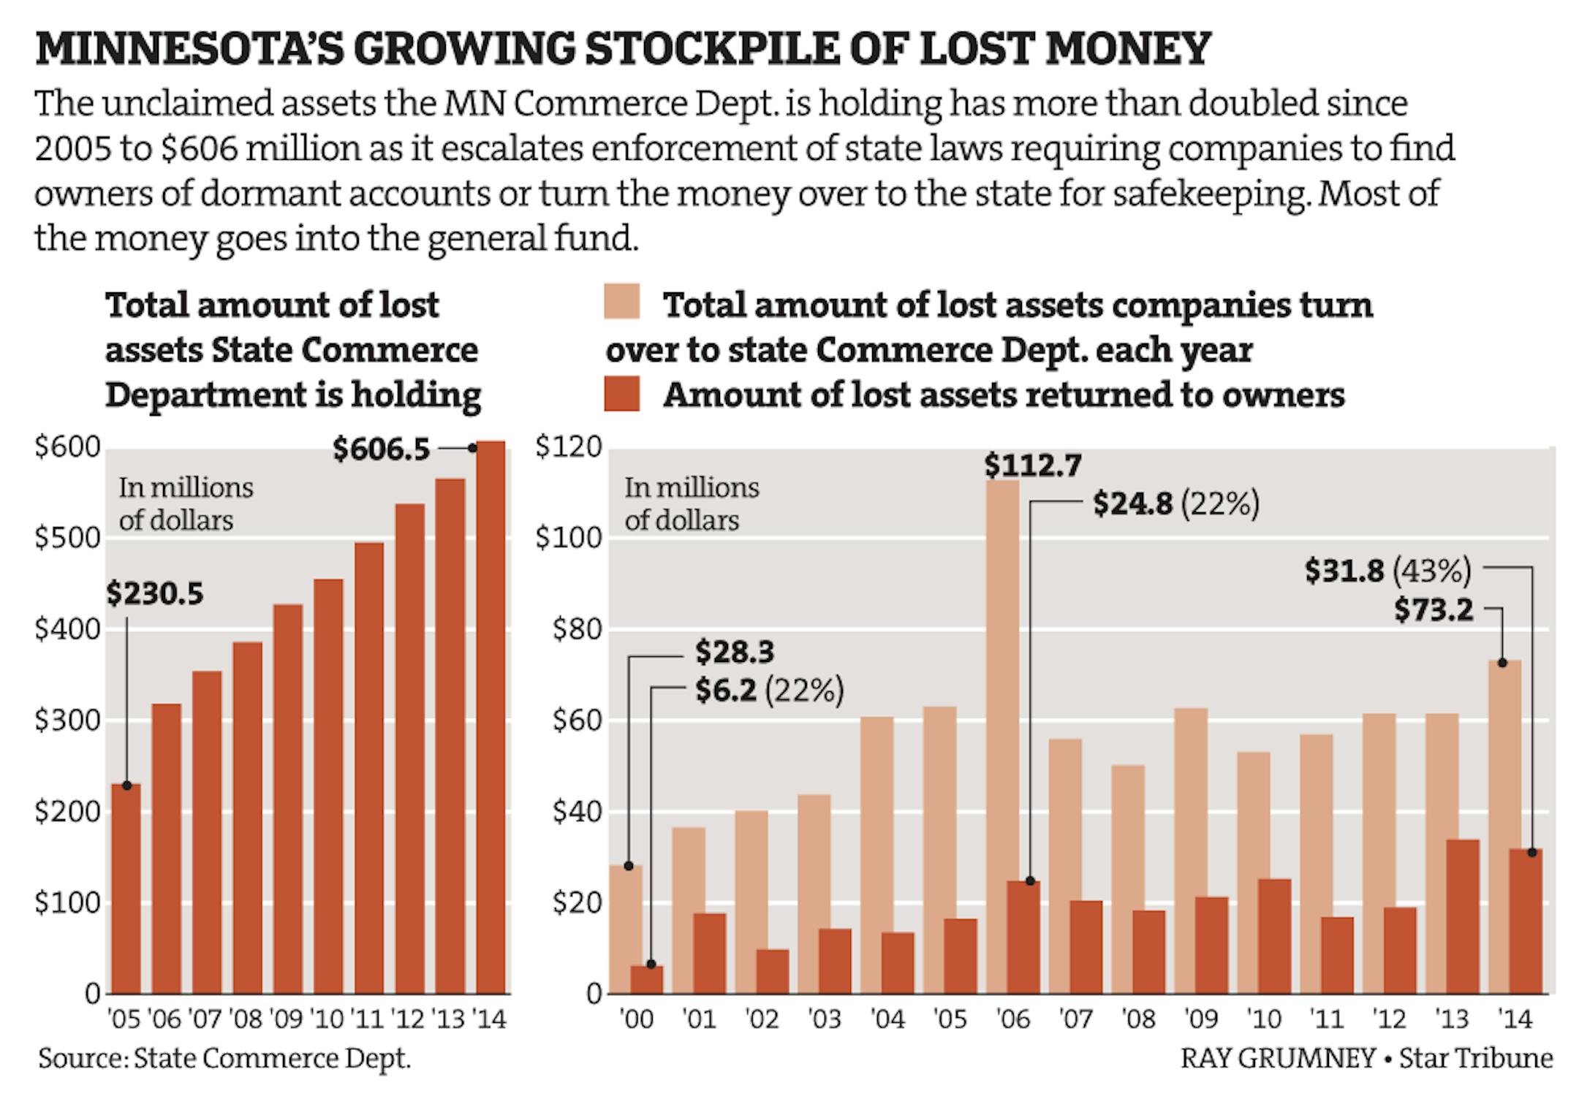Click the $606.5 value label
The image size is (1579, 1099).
tap(381, 449)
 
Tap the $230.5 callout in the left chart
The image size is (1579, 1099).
tap(155, 593)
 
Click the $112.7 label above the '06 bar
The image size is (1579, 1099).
tap(1032, 465)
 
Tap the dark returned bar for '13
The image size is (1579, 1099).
tap(1463, 916)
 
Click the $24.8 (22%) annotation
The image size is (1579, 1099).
tap(1175, 504)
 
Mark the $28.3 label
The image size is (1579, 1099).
tap(734, 652)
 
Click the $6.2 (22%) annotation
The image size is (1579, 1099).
tap(769, 691)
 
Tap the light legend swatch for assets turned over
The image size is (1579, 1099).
tap(622, 302)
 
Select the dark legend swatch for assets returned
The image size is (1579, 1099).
tap(622, 394)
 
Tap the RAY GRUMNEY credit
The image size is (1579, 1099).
tap(1277, 1059)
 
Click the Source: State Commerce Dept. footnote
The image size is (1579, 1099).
tap(224, 1059)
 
